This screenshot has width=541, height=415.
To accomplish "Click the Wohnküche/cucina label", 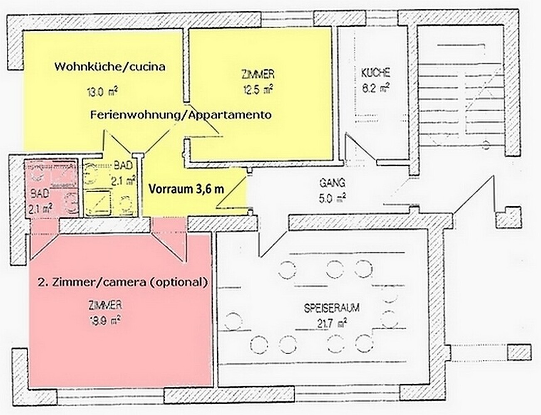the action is coord(110,67).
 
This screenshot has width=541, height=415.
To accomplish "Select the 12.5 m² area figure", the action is coord(258,89).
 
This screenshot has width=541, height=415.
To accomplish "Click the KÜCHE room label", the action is coord(375,73).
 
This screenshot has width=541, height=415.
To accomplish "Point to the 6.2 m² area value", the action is coord(376,88).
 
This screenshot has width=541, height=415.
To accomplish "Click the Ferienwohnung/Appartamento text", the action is coord(181,115).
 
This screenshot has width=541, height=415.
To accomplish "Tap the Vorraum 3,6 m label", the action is coord(186,189).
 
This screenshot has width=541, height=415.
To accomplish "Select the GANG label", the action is coord(333,183).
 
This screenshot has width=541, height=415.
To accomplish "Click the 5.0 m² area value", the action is coord(333,198).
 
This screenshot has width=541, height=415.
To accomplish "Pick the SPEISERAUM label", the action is coord(332,308).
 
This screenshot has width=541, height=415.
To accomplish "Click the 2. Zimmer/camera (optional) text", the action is coord(123,283).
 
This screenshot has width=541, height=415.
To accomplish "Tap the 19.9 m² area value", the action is coord(105,320).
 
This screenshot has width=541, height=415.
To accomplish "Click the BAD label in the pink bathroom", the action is coord(40,194).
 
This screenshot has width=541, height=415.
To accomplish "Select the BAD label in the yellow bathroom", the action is coord(123,166).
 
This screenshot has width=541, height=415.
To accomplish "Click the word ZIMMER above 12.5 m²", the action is coord(258,74).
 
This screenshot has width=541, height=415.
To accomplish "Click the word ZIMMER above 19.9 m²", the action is coord(105,305).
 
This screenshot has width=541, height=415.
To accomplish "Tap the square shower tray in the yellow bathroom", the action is coord(98,203).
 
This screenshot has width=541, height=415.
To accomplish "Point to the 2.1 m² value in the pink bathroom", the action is coord(40,208).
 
